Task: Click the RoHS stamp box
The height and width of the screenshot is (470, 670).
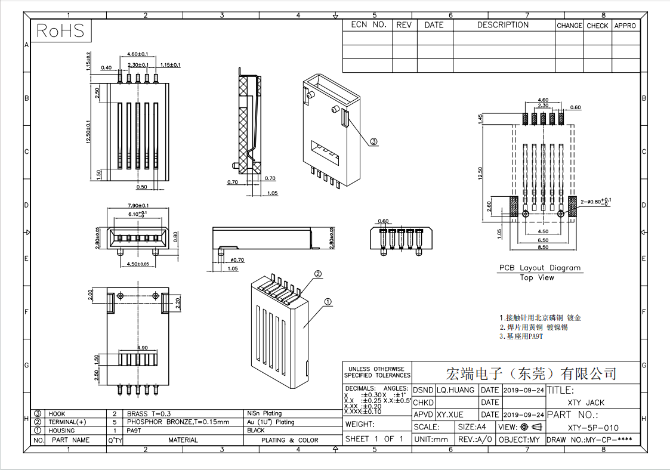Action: point(61,31)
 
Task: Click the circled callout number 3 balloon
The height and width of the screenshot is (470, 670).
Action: point(373,142)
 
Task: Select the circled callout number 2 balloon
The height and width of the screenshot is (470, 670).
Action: point(318,274)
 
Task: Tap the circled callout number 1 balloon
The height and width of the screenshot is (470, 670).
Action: point(328,302)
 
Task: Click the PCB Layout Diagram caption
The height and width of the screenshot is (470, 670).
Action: point(539,268)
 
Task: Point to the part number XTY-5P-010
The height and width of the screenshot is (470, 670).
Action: point(592,428)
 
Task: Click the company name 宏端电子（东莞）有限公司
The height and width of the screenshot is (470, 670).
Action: point(531,374)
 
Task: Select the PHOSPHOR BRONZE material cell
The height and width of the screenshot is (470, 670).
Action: point(178,422)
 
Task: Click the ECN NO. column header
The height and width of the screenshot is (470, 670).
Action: point(368,25)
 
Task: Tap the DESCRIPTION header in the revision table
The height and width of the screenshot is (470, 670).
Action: point(502,25)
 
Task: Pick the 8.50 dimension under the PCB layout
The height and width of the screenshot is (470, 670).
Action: point(543,246)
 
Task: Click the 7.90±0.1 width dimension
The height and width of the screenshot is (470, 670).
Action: point(138,206)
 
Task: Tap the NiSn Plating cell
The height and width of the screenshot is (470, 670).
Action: point(264,413)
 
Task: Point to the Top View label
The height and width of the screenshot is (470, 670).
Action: point(536,277)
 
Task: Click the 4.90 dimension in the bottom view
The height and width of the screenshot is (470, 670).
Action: point(143,348)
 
